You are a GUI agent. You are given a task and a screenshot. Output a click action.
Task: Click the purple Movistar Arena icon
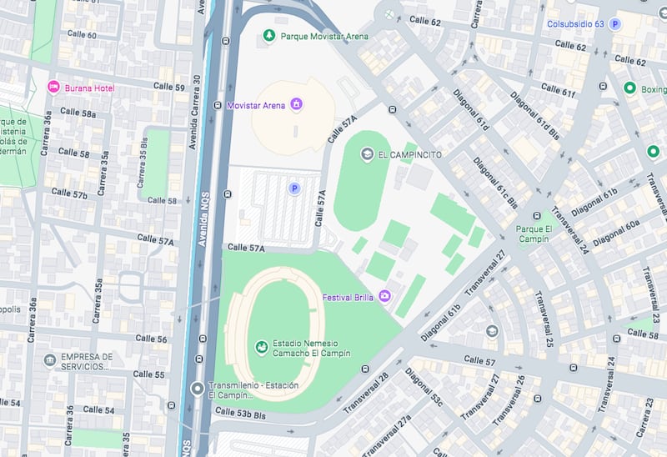pyautogui.click(x=295, y=105)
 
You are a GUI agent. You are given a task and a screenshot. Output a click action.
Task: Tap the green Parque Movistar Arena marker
pyautogui.click(x=268, y=35)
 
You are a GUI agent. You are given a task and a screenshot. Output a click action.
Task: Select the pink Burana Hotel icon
pyautogui.click(x=53, y=87)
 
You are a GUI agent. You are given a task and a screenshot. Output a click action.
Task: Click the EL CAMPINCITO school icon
pyautogui.click(x=367, y=154)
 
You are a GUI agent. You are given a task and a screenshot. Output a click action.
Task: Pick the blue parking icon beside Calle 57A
pyautogui.click(x=293, y=189)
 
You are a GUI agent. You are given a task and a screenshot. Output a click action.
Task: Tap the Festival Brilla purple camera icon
pyautogui.click(x=384, y=295)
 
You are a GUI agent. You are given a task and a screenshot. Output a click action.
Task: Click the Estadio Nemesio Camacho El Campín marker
pyautogui.click(x=261, y=346)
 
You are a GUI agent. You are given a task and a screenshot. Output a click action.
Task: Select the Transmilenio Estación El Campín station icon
pyautogui.click(x=197, y=389)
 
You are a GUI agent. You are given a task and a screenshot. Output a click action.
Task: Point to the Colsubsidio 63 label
pyautogui.click(x=574, y=24)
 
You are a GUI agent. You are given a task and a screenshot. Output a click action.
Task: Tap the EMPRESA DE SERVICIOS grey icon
pyautogui.click(x=50, y=360)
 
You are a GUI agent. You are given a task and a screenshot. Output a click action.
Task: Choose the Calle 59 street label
pyautogui.click(x=168, y=87)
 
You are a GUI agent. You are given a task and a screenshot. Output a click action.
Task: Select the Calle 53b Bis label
pyautogui.click(x=240, y=412)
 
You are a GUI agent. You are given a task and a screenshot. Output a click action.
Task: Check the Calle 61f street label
pyautogui.click(x=558, y=90)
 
